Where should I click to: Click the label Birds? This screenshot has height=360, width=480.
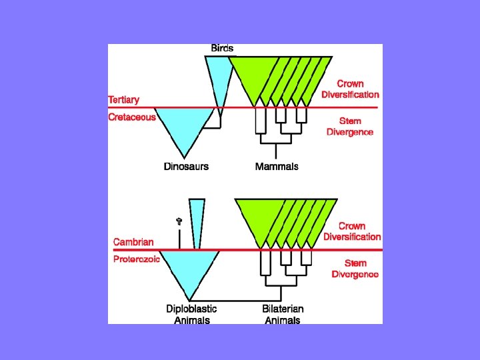tap(222, 48)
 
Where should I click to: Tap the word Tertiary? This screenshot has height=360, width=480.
tap(124, 100)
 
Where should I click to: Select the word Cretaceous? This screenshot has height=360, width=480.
tap(132, 117)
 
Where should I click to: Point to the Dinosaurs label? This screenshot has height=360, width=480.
tap(186, 166)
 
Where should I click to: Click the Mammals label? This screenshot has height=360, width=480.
tap(277, 166)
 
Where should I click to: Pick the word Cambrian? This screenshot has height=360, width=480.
tap(133, 242)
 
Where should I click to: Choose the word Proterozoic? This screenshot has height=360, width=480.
tap(137, 259)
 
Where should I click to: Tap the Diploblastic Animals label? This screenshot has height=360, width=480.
tap(191, 314)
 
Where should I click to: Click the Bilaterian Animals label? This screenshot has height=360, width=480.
tap(283, 314)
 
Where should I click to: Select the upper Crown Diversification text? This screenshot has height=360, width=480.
tap(350, 89)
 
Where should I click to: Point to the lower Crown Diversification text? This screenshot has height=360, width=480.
tap(352, 231)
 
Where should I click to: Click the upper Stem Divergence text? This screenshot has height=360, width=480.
tap(350, 126)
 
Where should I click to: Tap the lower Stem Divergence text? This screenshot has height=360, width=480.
tap(355, 269)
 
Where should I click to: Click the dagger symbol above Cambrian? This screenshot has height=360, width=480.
tap(179, 221)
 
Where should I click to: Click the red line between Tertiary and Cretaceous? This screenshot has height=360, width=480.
tap(300, 107)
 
